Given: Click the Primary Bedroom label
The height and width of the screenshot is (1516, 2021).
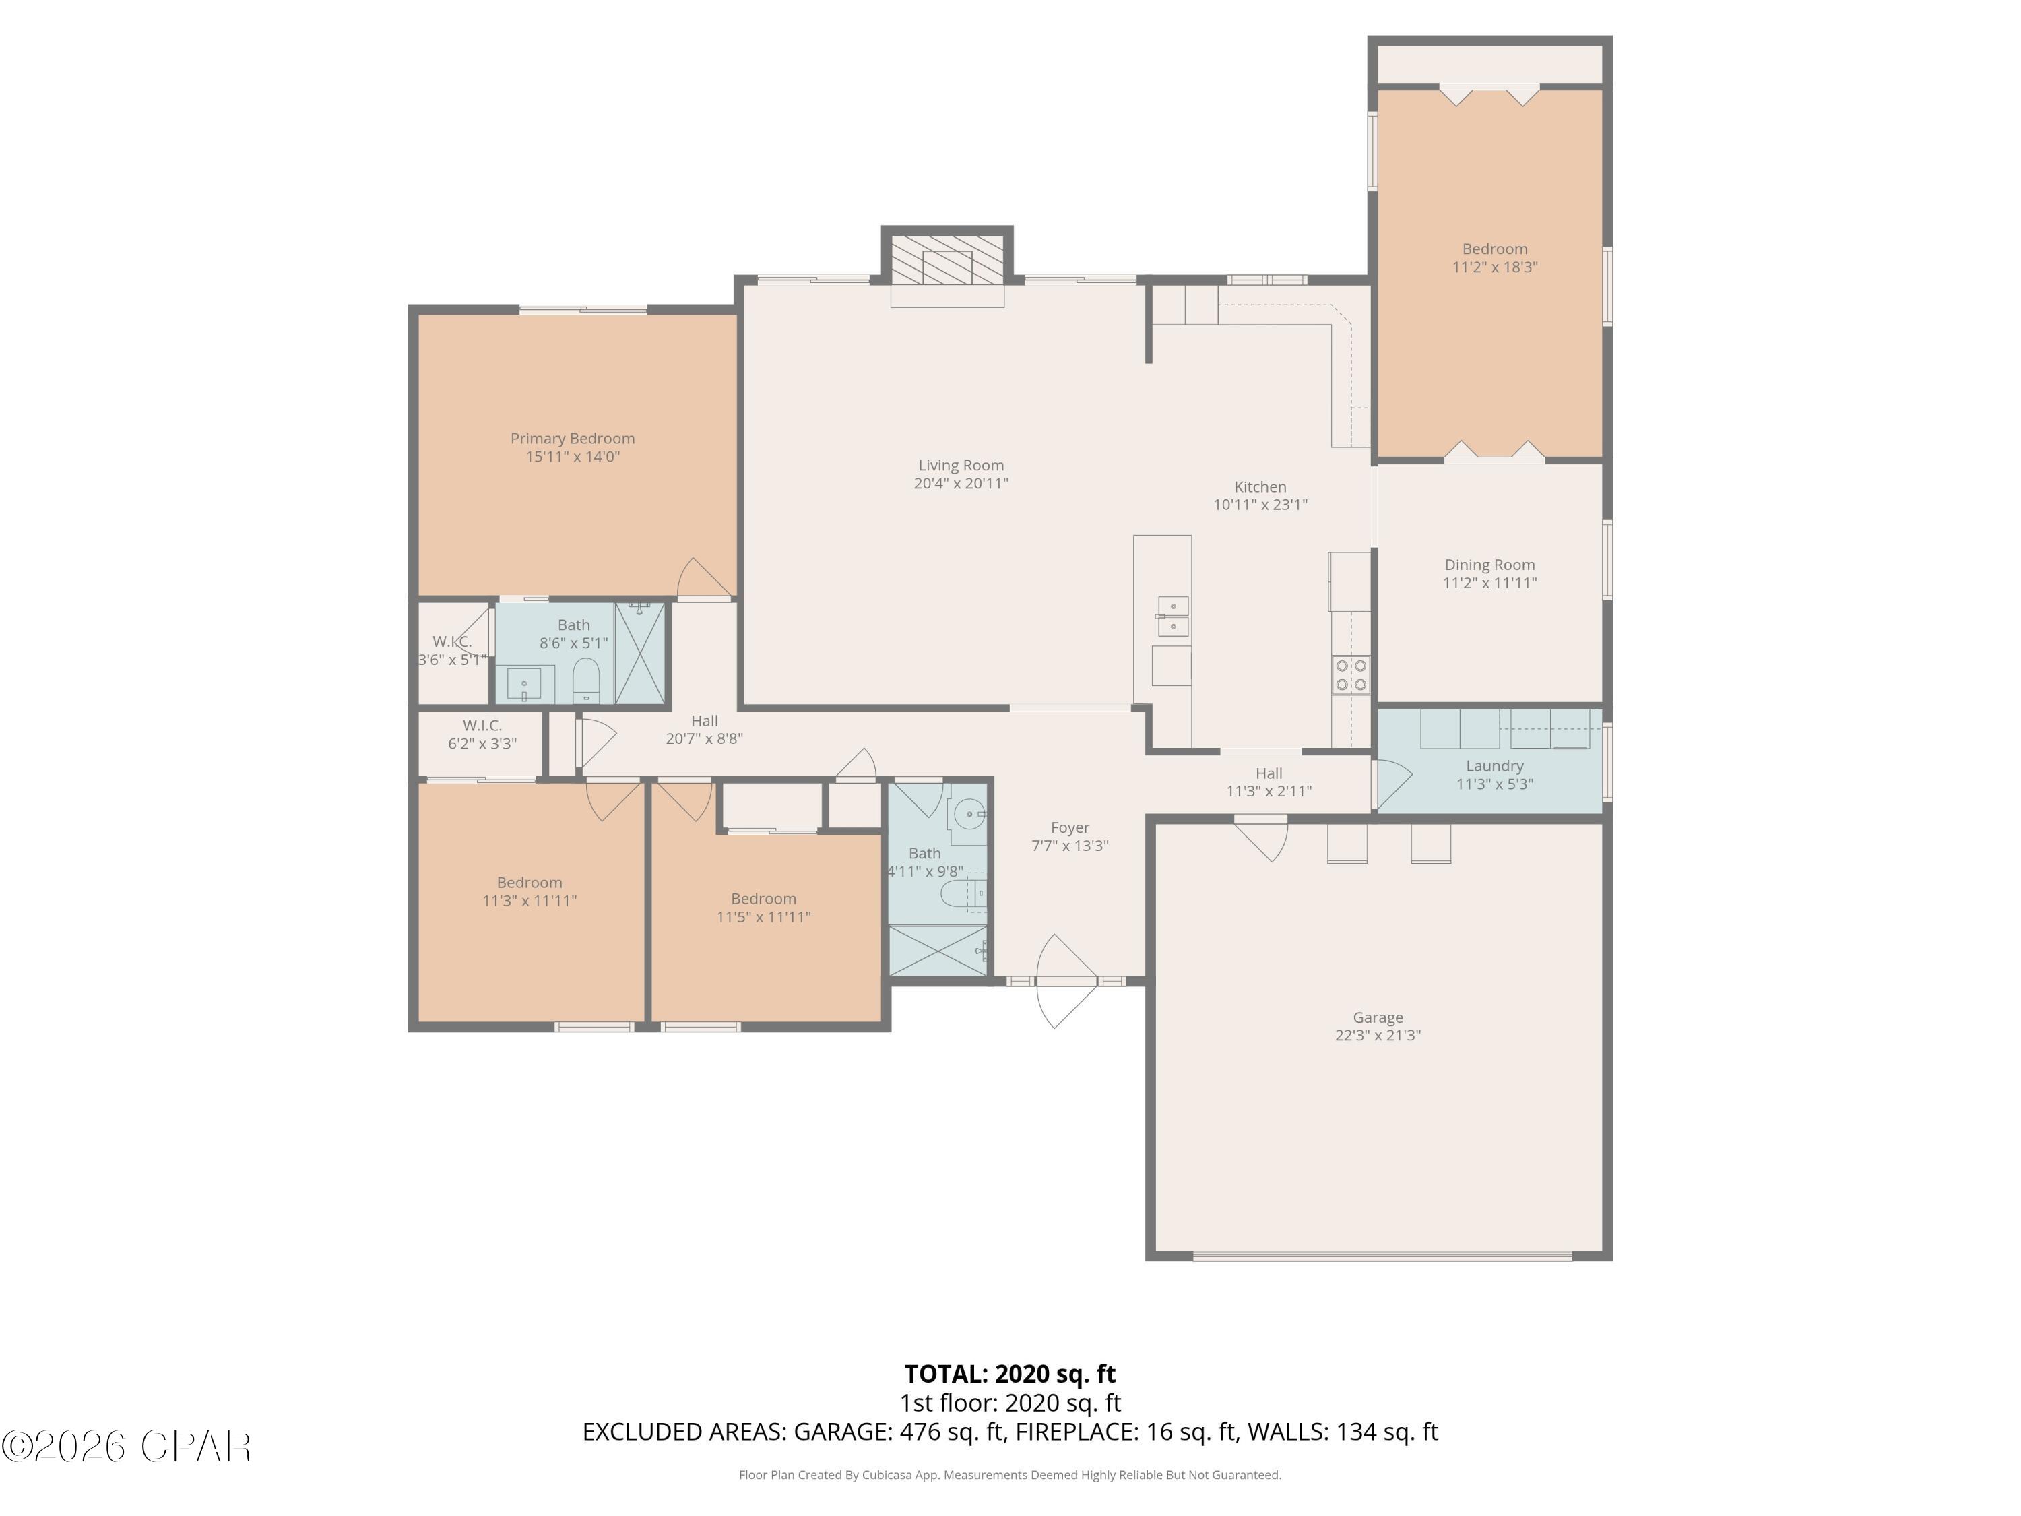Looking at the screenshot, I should pos(572,439).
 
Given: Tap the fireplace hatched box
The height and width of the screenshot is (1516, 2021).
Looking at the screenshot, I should pos(947,261).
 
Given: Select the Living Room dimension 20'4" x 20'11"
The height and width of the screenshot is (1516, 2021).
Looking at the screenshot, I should pos(960,483).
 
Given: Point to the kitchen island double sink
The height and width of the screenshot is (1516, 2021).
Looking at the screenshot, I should pos(1172,616).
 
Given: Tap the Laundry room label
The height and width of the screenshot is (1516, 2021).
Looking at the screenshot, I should pos(1494,766).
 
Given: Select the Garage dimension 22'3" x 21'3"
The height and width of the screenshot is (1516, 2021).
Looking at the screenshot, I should pos(1377,1036).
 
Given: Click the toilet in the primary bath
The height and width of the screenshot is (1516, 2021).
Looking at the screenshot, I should pos(585,680).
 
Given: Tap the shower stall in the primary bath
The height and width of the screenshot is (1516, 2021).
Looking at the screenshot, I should pos(639,652).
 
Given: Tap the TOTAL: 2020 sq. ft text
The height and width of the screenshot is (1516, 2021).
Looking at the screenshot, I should pos(1010,1373).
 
